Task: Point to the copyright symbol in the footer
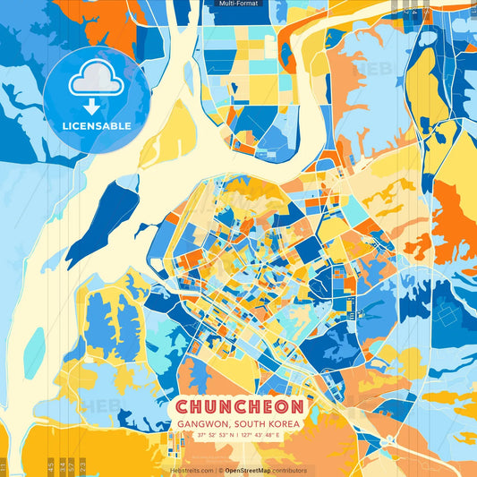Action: point(219,470)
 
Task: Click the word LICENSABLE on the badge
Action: point(97,126)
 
